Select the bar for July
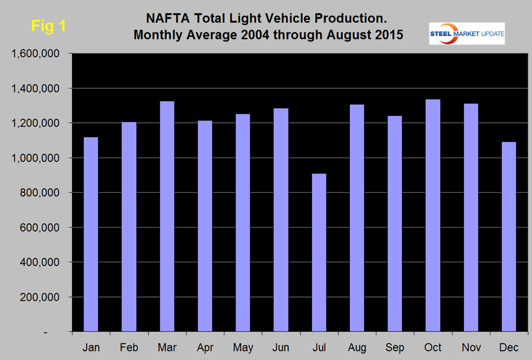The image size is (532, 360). click(319, 252)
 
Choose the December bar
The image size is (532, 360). click(510, 237)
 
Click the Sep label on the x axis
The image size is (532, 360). click(395, 348)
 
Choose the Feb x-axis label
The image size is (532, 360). click(129, 348)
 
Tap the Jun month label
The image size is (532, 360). click(281, 348)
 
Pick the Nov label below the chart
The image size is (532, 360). click(471, 348)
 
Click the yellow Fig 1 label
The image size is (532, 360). click(48, 26)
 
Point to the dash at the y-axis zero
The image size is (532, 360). click(61, 333)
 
